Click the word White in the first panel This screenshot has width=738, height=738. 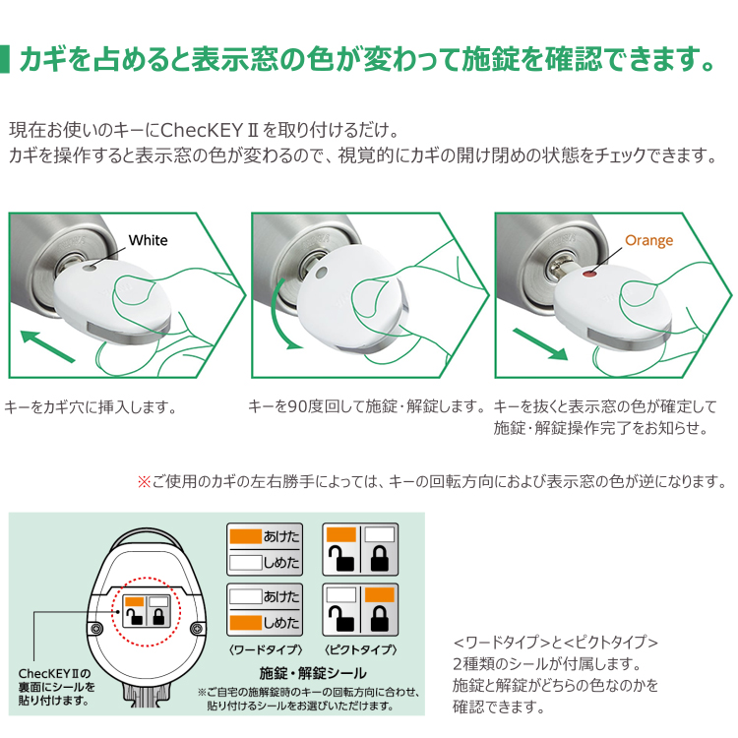[x=148, y=240]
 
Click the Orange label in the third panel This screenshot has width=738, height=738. [x=648, y=240]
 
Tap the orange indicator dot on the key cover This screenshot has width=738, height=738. [x=587, y=274]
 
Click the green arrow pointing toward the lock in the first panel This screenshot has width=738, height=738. [x=47, y=346]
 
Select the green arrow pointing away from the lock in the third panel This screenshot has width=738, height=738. [x=540, y=344]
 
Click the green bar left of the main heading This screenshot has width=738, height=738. [x=5, y=59]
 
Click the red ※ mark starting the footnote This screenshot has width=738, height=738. [x=143, y=481]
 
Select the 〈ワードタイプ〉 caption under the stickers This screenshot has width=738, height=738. [x=266, y=649]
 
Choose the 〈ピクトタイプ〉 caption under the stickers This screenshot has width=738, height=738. [x=360, y=649]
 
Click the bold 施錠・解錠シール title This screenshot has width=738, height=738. [x=313, y=673]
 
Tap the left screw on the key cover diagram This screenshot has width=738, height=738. [x=96, y=629]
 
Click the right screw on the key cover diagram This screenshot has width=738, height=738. [x=198, y=629]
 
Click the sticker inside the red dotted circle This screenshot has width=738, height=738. [x=147, y=610]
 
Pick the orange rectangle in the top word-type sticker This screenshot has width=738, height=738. [x=245, y=536]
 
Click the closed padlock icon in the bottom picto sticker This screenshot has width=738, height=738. [x=380, y=618]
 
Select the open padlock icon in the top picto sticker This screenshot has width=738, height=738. [x=340, y=558]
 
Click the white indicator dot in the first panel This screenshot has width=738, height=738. [x=89, y=268]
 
